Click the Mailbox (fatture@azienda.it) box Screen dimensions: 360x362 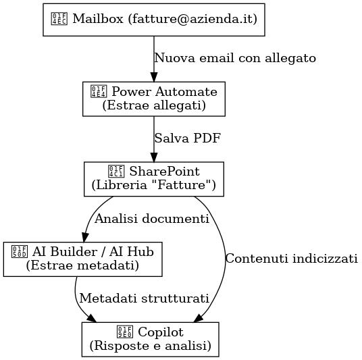154,19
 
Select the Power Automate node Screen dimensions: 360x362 154,99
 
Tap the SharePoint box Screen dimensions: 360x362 154,178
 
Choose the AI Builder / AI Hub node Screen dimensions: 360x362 83,259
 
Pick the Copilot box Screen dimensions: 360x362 151,339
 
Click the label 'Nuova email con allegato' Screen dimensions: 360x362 235,58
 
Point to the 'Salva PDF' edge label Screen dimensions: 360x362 188,138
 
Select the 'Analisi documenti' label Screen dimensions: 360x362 151,219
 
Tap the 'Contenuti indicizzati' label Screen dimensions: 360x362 291,259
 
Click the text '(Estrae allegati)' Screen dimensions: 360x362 154,106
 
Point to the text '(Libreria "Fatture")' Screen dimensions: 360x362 154,186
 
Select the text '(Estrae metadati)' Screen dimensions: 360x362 83,266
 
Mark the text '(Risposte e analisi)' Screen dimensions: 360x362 151,346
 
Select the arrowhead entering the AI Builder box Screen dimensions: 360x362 84,237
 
